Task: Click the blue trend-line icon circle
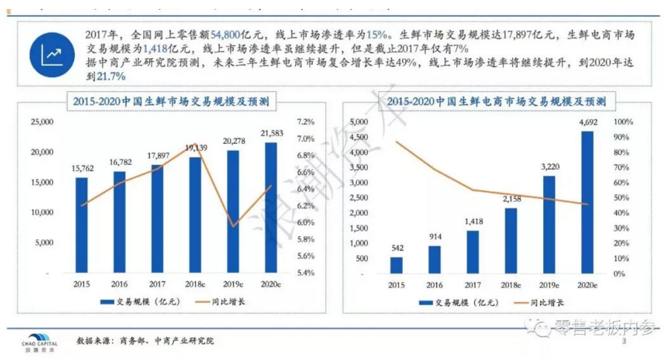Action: pyautogui.click(x=51, y=54)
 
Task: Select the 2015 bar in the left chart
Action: pyautogui.click(x=82, y=223)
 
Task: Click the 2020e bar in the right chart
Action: pyautogui.click(x=587, y=200)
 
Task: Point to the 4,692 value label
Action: pyautogui.click(x=587, y=121)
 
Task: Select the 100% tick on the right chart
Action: pyautogui.click(x=622, y=122)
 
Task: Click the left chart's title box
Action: pyautogui.click(x=171, y=100)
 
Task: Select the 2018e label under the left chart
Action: pyautogui.click(x=194, y=284)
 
